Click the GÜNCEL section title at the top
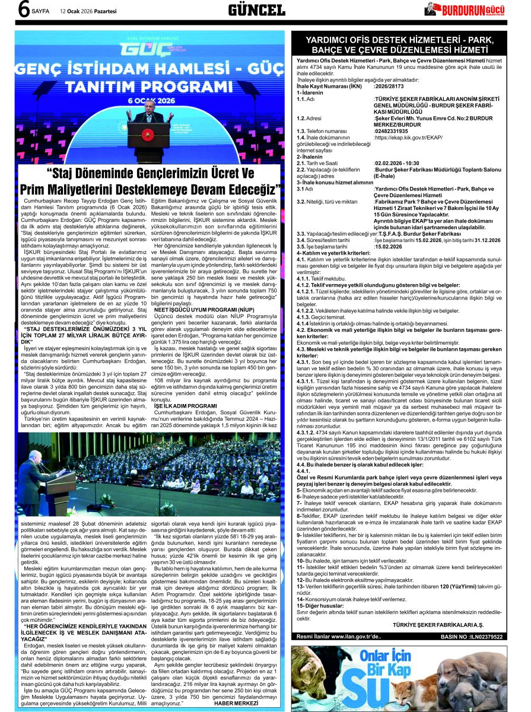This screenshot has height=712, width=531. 256,10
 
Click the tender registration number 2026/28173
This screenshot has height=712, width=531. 393,86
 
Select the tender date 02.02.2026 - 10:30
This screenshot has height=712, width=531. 397,163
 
